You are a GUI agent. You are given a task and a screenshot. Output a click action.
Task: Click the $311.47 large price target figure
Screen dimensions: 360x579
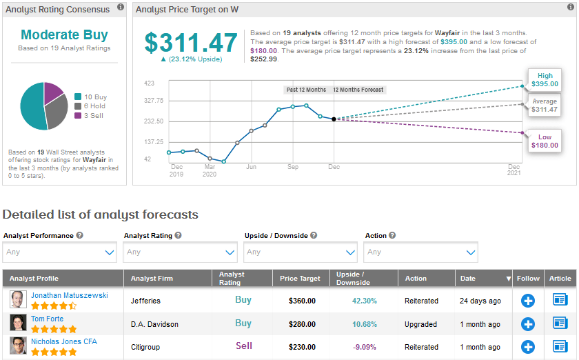191,43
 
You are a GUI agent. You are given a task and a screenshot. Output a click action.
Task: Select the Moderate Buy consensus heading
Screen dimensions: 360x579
64,35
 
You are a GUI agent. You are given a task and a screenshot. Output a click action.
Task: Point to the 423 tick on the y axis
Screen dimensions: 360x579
149,83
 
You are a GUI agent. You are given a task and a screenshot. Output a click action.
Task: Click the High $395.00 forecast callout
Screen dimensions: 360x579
544,79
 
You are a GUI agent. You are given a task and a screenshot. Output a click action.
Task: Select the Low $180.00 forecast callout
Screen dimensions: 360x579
544,141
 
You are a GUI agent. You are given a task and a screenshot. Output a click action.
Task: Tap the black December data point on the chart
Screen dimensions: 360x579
334,119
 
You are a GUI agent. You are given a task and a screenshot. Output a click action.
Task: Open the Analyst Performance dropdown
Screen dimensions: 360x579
60,252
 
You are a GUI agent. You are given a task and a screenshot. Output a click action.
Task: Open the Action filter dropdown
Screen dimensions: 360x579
421,252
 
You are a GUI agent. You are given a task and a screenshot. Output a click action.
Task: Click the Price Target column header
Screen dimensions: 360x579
301,279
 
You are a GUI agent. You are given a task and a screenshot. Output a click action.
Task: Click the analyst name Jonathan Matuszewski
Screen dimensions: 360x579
69,295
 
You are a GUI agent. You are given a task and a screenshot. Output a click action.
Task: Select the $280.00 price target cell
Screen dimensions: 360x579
302,324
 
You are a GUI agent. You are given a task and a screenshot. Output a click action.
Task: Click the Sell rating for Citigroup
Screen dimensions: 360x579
243,346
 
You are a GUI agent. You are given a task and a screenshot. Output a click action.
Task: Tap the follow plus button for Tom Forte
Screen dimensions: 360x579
528,324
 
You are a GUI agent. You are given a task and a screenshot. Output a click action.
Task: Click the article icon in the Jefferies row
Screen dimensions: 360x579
560,300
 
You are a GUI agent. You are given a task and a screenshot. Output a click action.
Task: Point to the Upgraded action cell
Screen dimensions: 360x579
421,324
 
